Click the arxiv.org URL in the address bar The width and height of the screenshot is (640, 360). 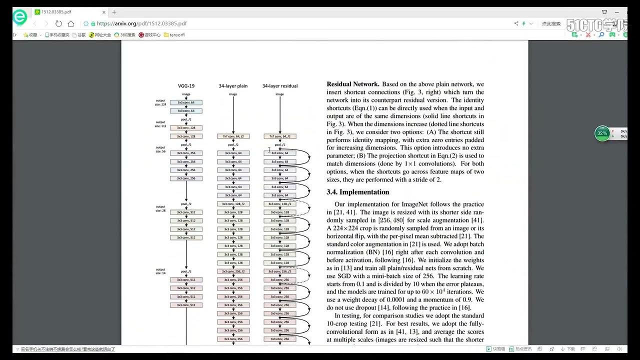(141, 23)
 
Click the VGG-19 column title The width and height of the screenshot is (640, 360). (186, 86)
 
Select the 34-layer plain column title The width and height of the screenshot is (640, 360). (233, 86)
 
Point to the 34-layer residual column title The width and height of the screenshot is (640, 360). (280, 86)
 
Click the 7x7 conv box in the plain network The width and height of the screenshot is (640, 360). (233, 136)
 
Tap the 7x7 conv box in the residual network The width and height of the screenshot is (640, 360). (280, 136)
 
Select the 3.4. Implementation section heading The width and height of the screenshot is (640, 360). (357, 192)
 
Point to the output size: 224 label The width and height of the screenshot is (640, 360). (160, 103)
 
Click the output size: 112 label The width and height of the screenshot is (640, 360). (160, 124)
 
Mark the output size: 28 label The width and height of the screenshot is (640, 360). (160, 208)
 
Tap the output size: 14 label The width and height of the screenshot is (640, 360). (160, 271)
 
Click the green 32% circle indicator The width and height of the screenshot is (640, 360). (602, 133)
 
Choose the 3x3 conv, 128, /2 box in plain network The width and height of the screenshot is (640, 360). (233, 204)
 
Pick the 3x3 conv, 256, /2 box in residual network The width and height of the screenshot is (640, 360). (280, 271)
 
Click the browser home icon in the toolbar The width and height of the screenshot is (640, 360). (71, 23)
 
